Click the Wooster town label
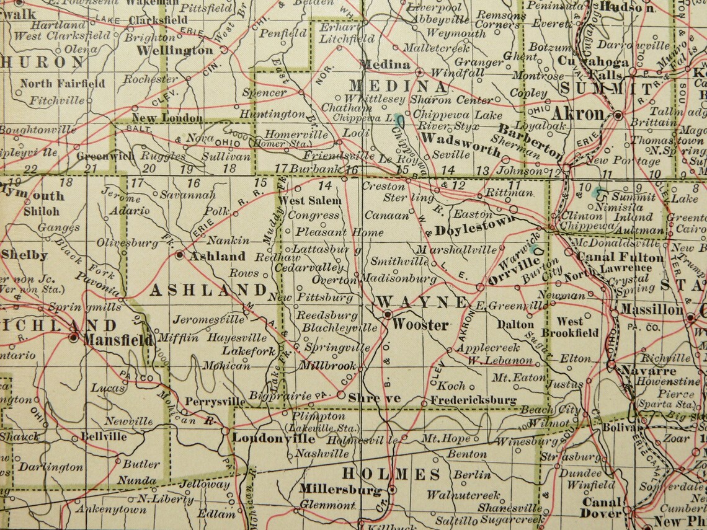420,325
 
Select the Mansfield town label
118,339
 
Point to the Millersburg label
339,489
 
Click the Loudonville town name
273,438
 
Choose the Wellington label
176,49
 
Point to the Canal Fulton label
611,256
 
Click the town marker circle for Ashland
179,254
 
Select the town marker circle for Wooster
387,315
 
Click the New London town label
167,118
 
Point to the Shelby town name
25,255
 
